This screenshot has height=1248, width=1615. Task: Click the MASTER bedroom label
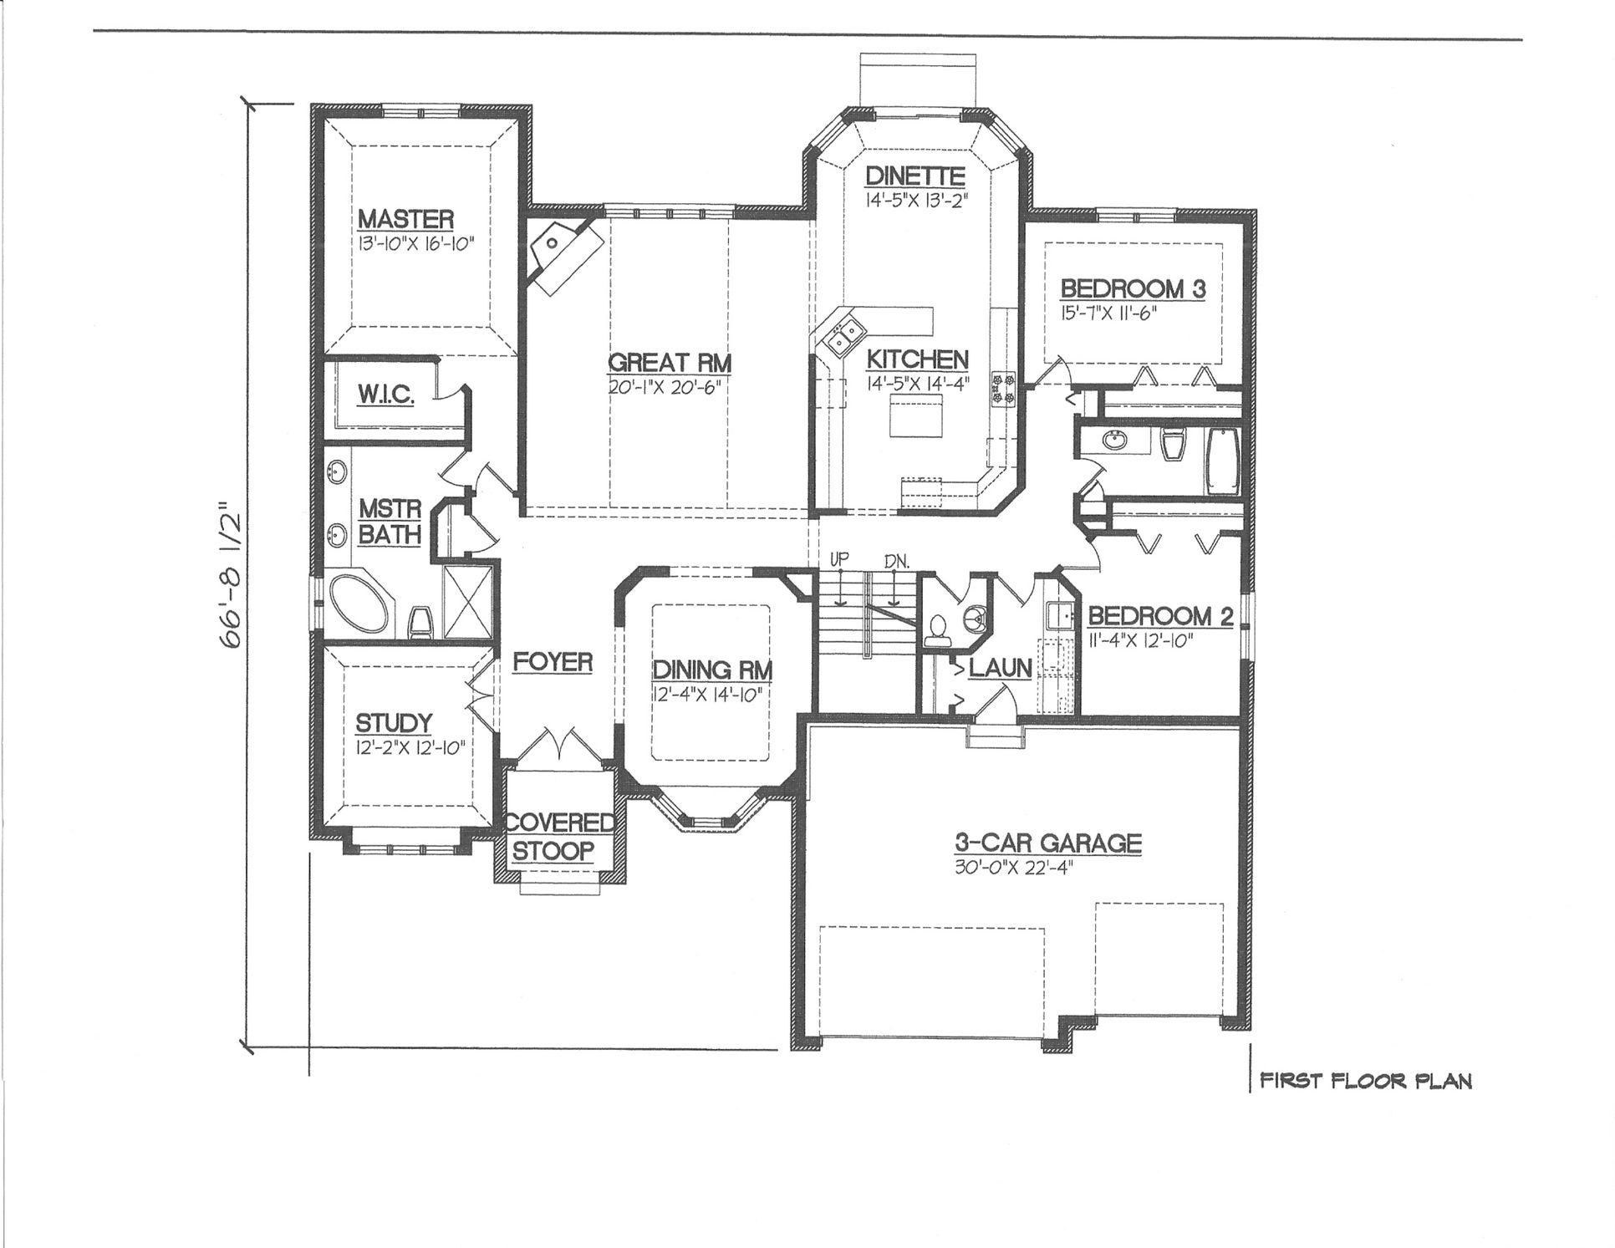point(405,220)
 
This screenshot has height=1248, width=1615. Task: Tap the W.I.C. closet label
point(386,395)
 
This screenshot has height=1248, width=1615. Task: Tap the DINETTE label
point(915,176)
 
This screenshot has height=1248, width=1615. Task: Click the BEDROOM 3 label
point(1133,289)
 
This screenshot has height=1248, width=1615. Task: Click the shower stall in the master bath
point(468,603)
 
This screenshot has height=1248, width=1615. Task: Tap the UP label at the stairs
point(839,558)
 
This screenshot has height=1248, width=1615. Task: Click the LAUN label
point(1001,668)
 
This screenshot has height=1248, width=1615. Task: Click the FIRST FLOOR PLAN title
point(1365,1081)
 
